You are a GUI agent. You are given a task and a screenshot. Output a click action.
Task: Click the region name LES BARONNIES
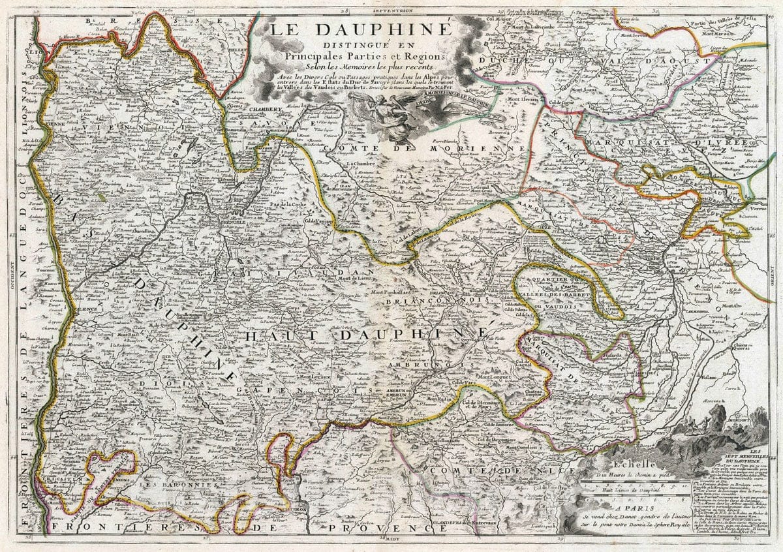pos(174,486)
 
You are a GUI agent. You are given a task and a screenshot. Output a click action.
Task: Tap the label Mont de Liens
pos(352,279)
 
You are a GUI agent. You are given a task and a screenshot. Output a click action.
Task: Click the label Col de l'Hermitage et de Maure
pos(484,406)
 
